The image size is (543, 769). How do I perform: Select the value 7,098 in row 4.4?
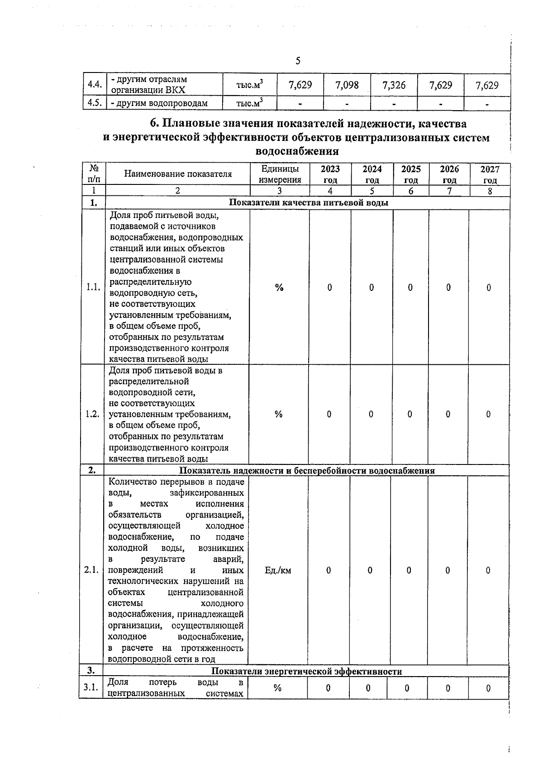(347, 85)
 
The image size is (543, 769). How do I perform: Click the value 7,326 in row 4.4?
(394, 85)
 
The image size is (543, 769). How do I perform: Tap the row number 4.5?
(94, 103)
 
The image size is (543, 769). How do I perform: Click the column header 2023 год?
(330, 174)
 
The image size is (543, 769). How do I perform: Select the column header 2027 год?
(490, 174)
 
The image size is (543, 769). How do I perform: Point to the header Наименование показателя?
(178, 174)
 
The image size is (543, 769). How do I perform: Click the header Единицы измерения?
(280, 174)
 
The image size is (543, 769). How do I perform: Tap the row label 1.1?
(93, 287)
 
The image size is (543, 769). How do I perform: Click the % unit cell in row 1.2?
(278, 414)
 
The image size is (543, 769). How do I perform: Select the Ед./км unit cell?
(278, 571)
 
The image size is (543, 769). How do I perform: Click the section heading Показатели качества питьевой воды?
(309, 203)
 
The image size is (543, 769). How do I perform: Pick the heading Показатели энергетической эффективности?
(307, 671)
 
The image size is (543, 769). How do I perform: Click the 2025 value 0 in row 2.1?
(409, 571)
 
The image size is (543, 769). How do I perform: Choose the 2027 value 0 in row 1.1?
(489, 287)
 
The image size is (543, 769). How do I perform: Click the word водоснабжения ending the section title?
(297, 152)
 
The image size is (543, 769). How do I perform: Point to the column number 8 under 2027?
(490, 191)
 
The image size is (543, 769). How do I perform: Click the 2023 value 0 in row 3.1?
(328, 688)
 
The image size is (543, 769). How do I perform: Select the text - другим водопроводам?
(159, 103)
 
